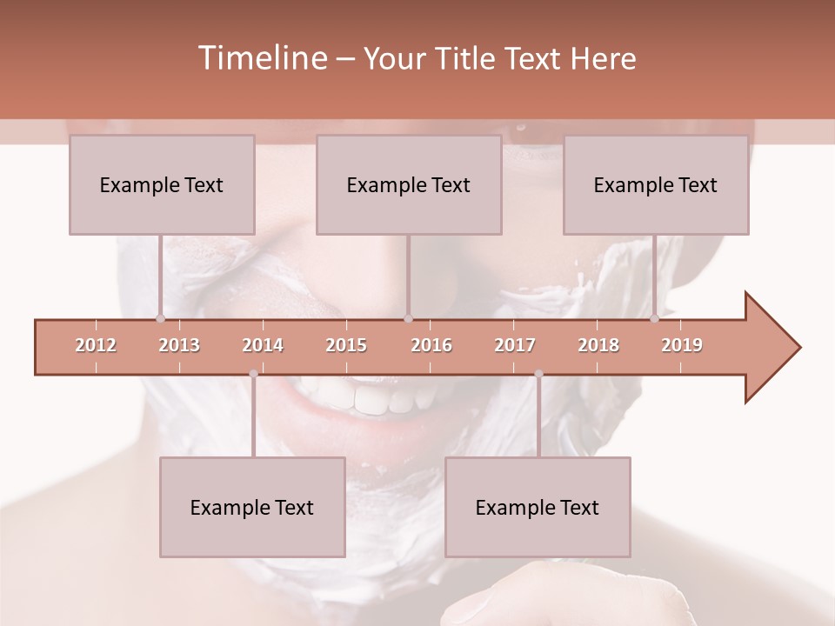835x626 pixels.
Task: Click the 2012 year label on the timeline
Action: tap(96, 345)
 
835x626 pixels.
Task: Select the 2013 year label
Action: tap(179, 345)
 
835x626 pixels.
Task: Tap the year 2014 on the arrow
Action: tap(263, 345)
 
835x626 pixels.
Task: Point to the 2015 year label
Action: tap(346, 345)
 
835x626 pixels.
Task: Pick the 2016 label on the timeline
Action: tap(431, 345)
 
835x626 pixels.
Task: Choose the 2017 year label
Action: tap(515, 345)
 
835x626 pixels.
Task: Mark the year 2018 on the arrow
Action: tap(598, 345)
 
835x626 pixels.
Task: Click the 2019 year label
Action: tap(682, 345)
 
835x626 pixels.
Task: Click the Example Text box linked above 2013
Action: tap(162, 184)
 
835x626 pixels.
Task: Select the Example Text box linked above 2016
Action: tap(409, 184)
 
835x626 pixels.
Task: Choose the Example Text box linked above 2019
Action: tap(656, 184)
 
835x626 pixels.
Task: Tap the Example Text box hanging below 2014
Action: tap(252, 507)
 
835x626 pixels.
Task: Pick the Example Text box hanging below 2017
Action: tap(538, 507)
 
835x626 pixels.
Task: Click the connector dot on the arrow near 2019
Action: tap(655, 319)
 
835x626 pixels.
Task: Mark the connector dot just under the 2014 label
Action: tap(253, 374)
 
